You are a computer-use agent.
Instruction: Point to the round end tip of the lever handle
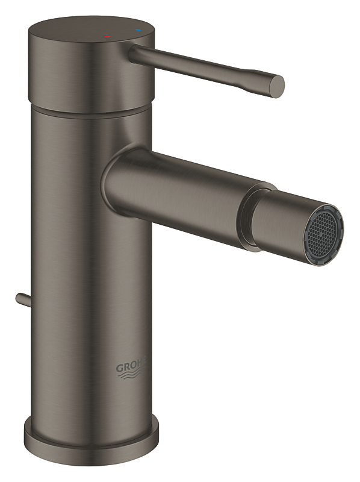(x=278, y=86)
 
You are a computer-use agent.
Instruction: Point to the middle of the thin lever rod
(x=199, y=65)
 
